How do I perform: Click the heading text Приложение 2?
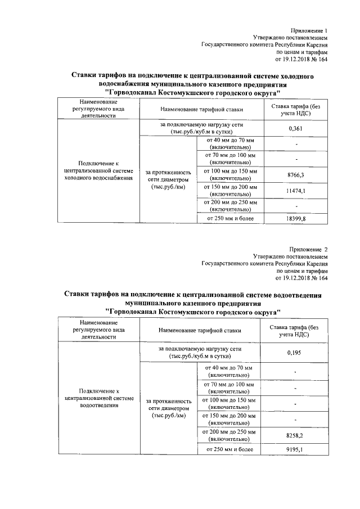pos(308,248)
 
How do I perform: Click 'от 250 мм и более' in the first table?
pos(231,218)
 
